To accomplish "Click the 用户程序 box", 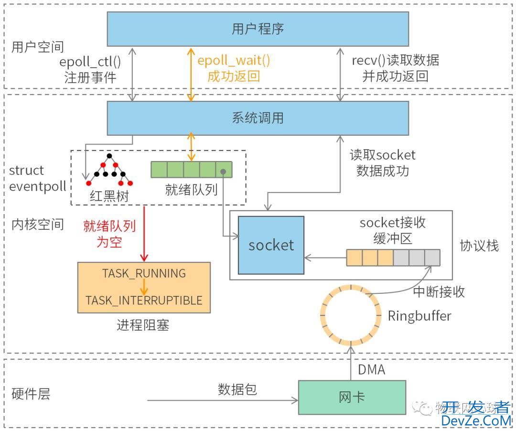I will click(x=258, y=29).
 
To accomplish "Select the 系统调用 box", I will click(x=258, y=118).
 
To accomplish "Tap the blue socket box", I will click(x=271, y=245).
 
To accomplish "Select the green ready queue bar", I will click(x=191, y=170).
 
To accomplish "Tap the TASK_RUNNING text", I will click(x=144, y=273).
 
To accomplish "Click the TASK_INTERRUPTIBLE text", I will click(x=144, y=301).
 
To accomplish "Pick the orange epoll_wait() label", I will click(x=234, y=61).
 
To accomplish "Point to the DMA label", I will click(x=371, y=369).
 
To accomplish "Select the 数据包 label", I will click(x=237, y=389).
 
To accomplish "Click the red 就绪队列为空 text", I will click(x=109, y=234).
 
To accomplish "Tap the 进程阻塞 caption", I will click(x=143, y=325).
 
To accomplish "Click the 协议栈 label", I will click(x=479, y=246).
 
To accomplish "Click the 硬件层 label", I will click(x=31, y=394).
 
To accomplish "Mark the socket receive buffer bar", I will click(x=393, y=258).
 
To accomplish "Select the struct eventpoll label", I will click(x=37, y=178).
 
